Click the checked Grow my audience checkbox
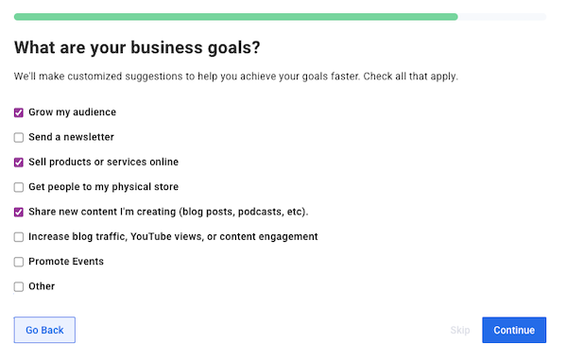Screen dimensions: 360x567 [19, 112]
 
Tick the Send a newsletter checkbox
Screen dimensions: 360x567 [19, 137]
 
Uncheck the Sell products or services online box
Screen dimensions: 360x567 [19, 163]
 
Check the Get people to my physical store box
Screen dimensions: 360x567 [19, 187]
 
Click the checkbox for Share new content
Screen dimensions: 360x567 [19, 212]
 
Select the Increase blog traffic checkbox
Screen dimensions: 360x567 [19, 237]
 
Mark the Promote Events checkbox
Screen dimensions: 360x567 [19, 262]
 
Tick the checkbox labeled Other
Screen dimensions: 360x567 [19, 286]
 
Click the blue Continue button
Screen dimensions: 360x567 [513, 330]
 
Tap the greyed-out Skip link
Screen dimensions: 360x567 [460, 330]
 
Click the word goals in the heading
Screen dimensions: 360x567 [225, 47]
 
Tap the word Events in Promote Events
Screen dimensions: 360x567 [87, 262]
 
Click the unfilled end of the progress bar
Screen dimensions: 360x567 [501, 17]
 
